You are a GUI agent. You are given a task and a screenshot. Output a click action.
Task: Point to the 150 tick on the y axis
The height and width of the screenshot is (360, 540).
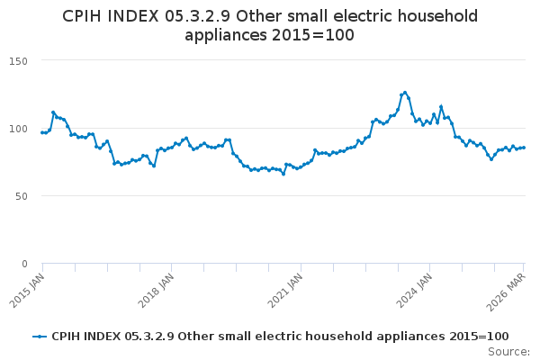[x=18, y=61]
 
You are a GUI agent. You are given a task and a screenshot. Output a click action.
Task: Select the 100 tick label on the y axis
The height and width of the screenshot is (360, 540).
[x=18, y=129]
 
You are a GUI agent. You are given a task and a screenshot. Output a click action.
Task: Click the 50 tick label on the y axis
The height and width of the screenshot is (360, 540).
[x=21, y=196]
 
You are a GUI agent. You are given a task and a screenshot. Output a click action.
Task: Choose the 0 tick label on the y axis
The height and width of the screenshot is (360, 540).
[x=24, y=264]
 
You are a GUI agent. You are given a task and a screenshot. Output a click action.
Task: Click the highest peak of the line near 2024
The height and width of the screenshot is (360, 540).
[x=405, y=92]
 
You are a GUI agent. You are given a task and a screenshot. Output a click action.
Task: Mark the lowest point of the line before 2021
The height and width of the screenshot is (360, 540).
[x=283, y=174]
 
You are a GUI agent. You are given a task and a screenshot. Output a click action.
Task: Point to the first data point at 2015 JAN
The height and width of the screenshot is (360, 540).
[x=42, y=132]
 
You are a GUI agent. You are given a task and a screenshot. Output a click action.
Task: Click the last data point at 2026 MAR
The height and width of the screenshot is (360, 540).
[x=524, y=148]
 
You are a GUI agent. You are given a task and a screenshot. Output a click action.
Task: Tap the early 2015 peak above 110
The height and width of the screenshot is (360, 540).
[x=53, y=112]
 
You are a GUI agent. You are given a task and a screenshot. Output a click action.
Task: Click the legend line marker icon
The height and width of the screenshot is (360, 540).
[x=40, y=337]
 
